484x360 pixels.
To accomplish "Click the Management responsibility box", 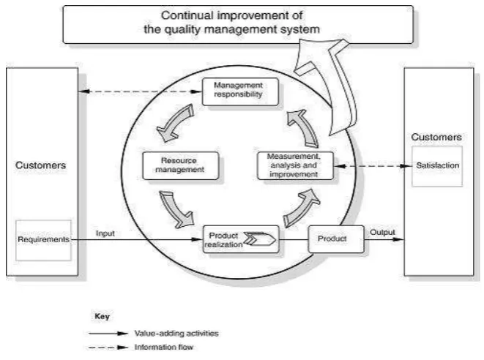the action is [240, 91].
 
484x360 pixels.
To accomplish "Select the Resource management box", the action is [181, 165].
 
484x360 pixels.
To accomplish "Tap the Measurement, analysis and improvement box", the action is [295, 165].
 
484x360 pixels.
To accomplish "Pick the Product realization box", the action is [241, 239].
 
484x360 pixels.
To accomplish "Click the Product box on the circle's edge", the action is [336, 239].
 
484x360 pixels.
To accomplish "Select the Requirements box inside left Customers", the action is [43, 240].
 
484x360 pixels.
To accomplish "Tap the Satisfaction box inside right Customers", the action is [437, 166].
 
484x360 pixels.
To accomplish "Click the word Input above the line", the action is [105, 233].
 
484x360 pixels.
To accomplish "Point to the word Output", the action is [382, 232].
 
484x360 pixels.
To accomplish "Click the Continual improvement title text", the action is [232, 23].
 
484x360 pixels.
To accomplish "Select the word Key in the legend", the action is [102, 317].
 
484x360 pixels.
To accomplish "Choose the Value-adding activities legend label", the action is [176, 333].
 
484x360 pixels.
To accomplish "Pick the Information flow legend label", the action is [163, 347].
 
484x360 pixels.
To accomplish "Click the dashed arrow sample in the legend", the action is [108, 348].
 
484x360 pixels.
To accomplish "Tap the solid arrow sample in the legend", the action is [108, 334].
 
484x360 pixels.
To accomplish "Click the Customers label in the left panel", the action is [40, 165].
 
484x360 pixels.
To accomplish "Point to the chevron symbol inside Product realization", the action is [259, 239].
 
